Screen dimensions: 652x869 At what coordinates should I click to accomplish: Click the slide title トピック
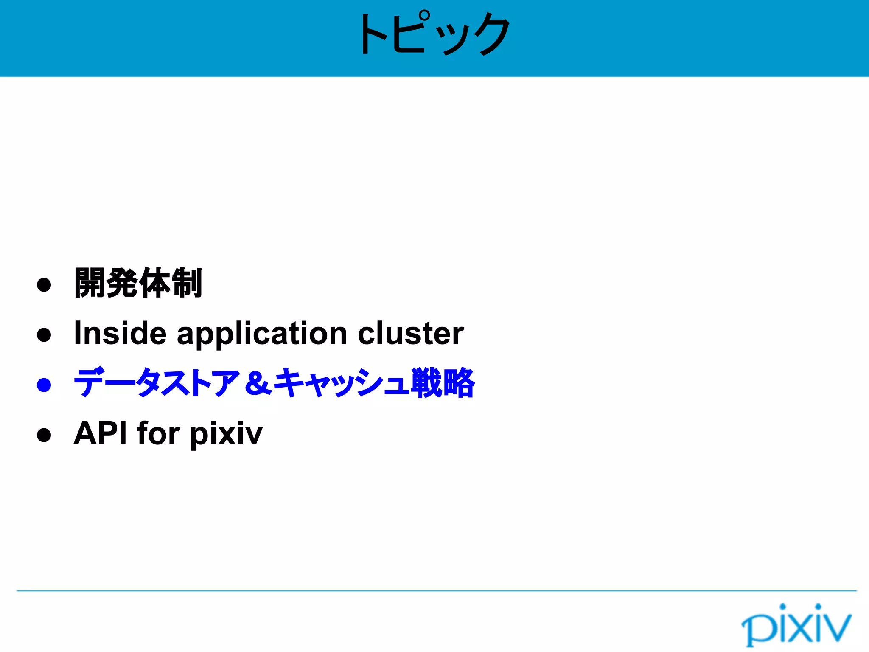coord(434,34)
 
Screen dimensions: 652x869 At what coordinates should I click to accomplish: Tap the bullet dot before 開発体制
coord(44,284)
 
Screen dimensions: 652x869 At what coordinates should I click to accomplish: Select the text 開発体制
coord(138,283)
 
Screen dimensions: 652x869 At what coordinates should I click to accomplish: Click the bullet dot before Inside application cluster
coord(44,334)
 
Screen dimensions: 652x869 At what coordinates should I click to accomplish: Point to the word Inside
coord(120,333)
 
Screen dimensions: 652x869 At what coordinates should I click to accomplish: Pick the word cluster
coord(410,333)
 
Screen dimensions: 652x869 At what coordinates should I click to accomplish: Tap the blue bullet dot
coord(44,385)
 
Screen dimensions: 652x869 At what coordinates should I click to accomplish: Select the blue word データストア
coord(156,383)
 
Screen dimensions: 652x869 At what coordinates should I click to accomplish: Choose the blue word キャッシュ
coord(342,383)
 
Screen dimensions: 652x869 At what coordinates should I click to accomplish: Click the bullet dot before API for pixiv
coord(44,435)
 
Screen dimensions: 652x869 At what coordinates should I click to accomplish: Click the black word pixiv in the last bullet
coord(226,434)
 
